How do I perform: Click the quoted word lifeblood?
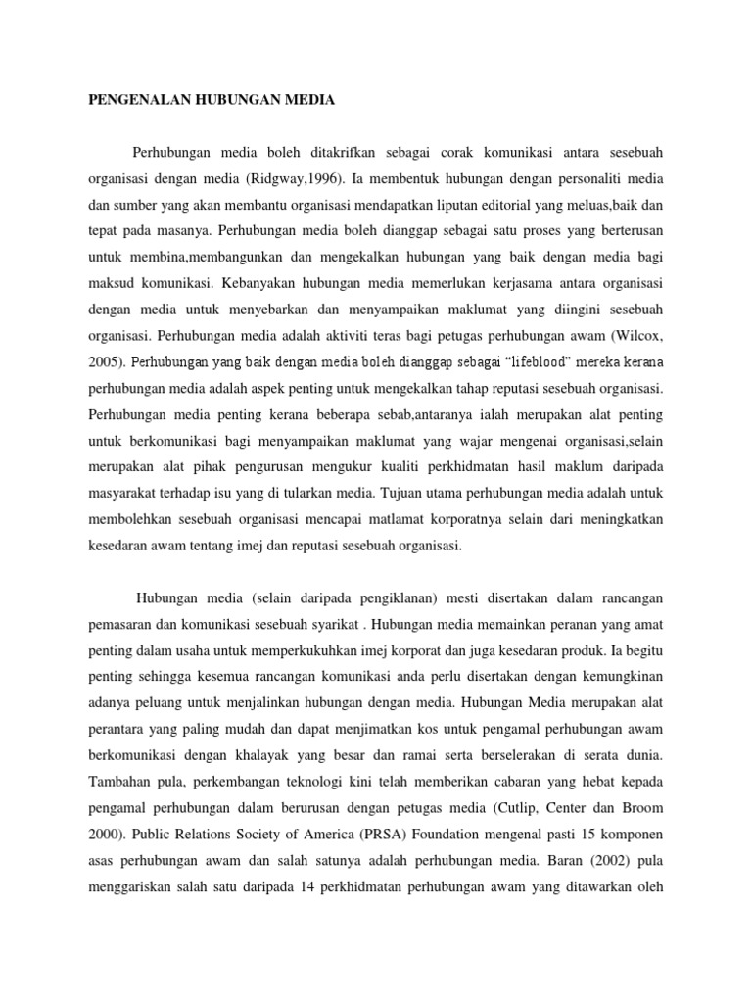[x=509, y=360]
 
